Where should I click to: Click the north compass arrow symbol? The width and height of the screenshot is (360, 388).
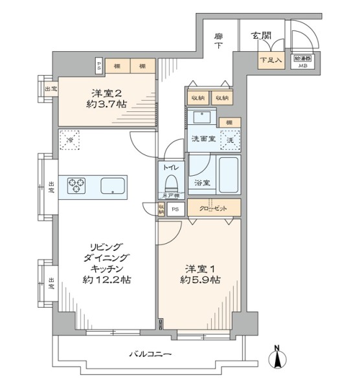click(278, 358)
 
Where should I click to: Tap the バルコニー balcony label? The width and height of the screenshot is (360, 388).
click(150, 354)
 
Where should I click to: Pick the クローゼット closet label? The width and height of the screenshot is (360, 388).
click(214, 208)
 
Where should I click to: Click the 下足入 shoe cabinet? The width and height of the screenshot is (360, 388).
click(271, 61)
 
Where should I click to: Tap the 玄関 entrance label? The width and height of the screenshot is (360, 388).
click(263, 36)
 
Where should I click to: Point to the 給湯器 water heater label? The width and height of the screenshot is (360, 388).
click(303, 58)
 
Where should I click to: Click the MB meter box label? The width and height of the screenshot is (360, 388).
click(303, 65)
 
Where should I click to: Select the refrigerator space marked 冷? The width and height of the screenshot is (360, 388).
click(69, 140)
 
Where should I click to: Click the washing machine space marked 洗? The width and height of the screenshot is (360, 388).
click(229, 138)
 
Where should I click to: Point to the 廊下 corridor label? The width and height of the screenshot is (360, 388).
click(219, 41)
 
